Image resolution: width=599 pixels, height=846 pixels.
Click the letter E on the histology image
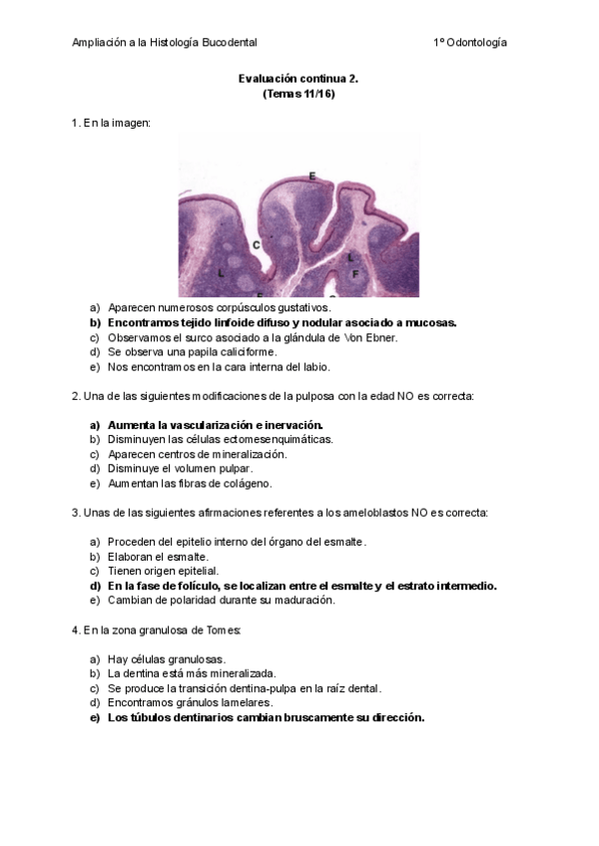coord(312,177)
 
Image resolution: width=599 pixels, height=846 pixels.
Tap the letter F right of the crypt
coord(355,272)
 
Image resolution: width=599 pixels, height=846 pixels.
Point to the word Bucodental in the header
coord(229,43)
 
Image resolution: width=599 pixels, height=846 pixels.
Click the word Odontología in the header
coord(476,43)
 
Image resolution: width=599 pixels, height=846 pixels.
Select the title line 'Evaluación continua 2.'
coord(299,78)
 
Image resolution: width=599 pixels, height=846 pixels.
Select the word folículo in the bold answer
coord(191,586)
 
